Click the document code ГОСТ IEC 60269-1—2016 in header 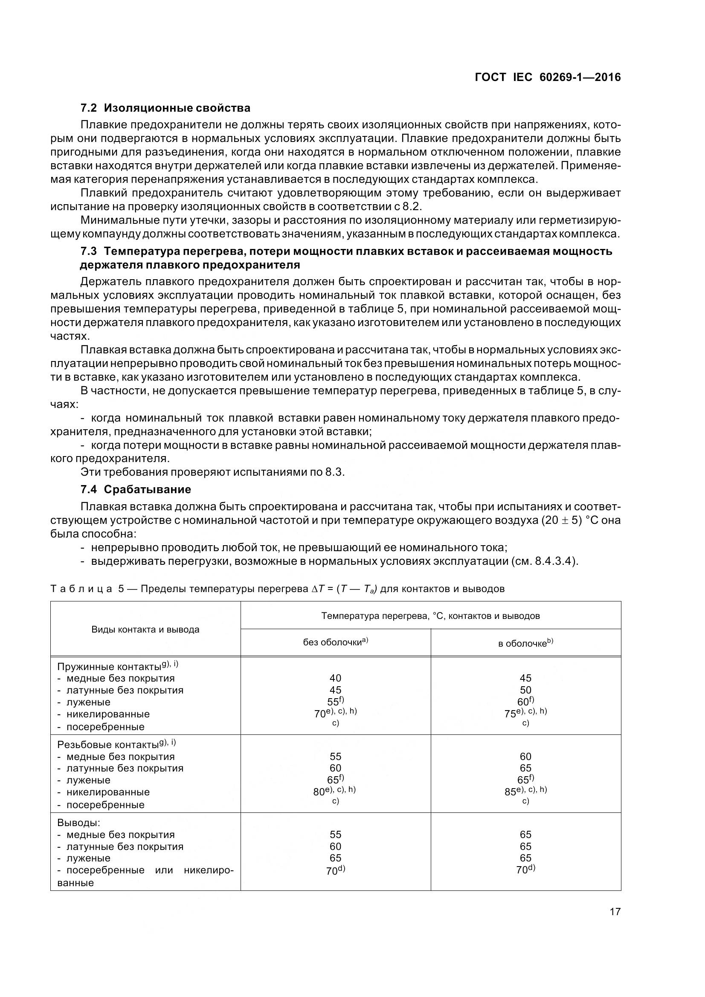[548, 77]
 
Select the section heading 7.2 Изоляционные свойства [165, 108]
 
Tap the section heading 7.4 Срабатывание [136, 489]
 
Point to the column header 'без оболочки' [335, 642]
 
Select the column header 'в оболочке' [525, 643]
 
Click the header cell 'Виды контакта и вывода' [145, 629]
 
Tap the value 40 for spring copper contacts [335, 678]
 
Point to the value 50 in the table [525, 690]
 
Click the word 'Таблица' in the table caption [81, 589]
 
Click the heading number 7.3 [89, 251]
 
